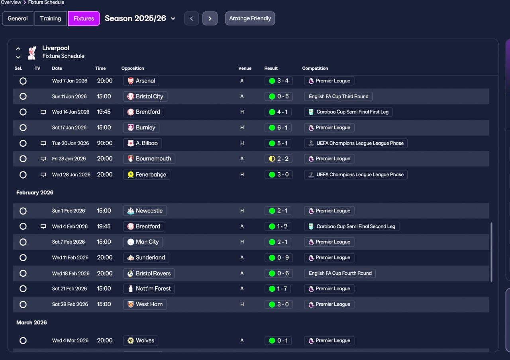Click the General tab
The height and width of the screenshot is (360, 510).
coord(18,18)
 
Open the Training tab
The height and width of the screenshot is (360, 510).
coord(51,18)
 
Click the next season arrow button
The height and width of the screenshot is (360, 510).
coord(210,18)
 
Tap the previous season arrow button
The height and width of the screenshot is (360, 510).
coord(192,18)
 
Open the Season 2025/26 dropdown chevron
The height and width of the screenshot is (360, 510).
coord(173,18)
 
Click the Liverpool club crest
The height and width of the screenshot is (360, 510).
coord(32,53)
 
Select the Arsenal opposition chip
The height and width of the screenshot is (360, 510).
coord(141,81)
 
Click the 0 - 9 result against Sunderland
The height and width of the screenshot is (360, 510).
coord(279,258)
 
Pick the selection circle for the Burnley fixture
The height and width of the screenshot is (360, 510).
coord(23,128)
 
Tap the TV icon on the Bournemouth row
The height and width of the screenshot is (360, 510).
coord(43,159)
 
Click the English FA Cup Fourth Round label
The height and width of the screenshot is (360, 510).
coord(340,273)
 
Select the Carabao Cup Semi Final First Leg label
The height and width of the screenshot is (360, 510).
coord(348,112)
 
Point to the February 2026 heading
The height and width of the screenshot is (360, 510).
coord(35,193)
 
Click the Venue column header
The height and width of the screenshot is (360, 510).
coord(245,68)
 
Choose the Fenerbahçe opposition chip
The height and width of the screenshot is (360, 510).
coord(147,175)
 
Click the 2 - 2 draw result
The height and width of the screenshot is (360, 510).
coord(279,159)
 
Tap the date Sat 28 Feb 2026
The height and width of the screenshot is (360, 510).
coord(70,305)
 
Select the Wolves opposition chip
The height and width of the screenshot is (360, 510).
coord(141,340)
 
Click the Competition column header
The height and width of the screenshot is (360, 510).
coord(315,68)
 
